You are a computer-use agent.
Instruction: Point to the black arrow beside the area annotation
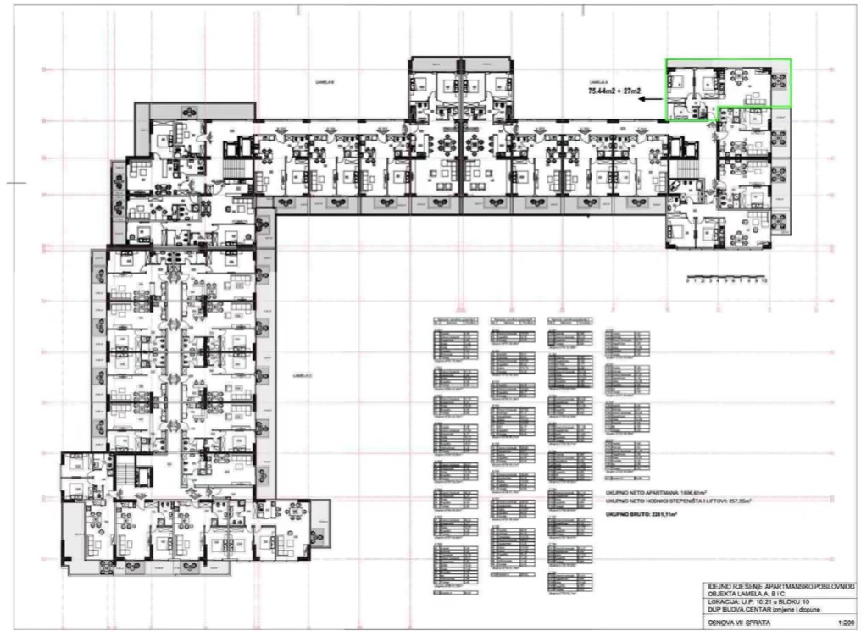click(x=649, y=99)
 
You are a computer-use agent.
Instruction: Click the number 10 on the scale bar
click(x=764, y=279)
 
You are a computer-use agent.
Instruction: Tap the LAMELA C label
click(x=298, y=375)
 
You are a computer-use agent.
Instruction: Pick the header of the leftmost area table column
click(x=455, y=319)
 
